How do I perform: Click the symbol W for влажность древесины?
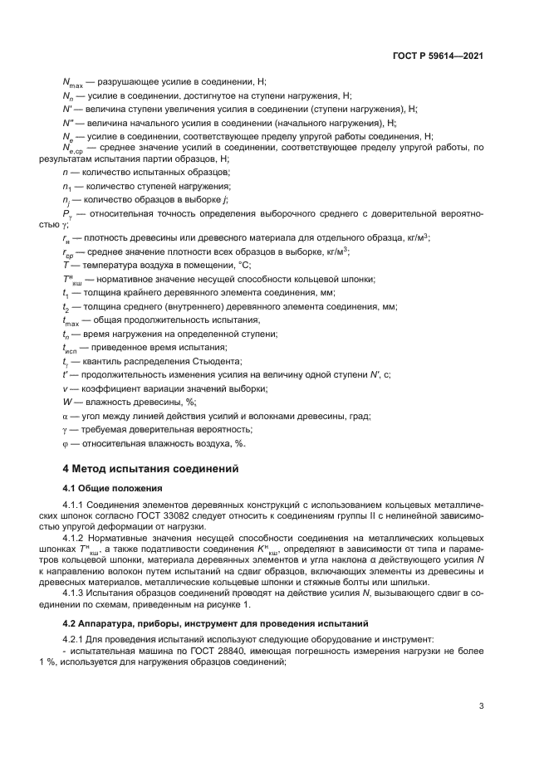(67, 402)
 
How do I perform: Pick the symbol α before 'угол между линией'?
(66, 416)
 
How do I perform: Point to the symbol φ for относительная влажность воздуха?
(66, 443)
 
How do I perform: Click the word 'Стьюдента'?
(194, 361)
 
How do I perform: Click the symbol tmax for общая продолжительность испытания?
(71, 320)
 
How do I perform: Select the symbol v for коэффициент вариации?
(65, 388)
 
